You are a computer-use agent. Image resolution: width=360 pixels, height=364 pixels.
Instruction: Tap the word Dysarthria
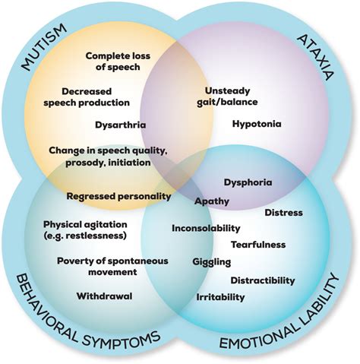121,124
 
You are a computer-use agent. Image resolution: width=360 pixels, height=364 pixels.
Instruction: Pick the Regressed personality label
119,195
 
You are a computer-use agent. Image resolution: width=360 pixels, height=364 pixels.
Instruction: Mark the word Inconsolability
206,228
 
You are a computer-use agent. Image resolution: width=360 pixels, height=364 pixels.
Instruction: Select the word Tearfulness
259,244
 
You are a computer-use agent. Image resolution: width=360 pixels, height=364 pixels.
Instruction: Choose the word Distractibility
262,280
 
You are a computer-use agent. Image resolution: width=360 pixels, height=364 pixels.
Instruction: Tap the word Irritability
220,297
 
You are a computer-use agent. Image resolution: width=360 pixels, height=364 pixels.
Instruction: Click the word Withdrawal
104,295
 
